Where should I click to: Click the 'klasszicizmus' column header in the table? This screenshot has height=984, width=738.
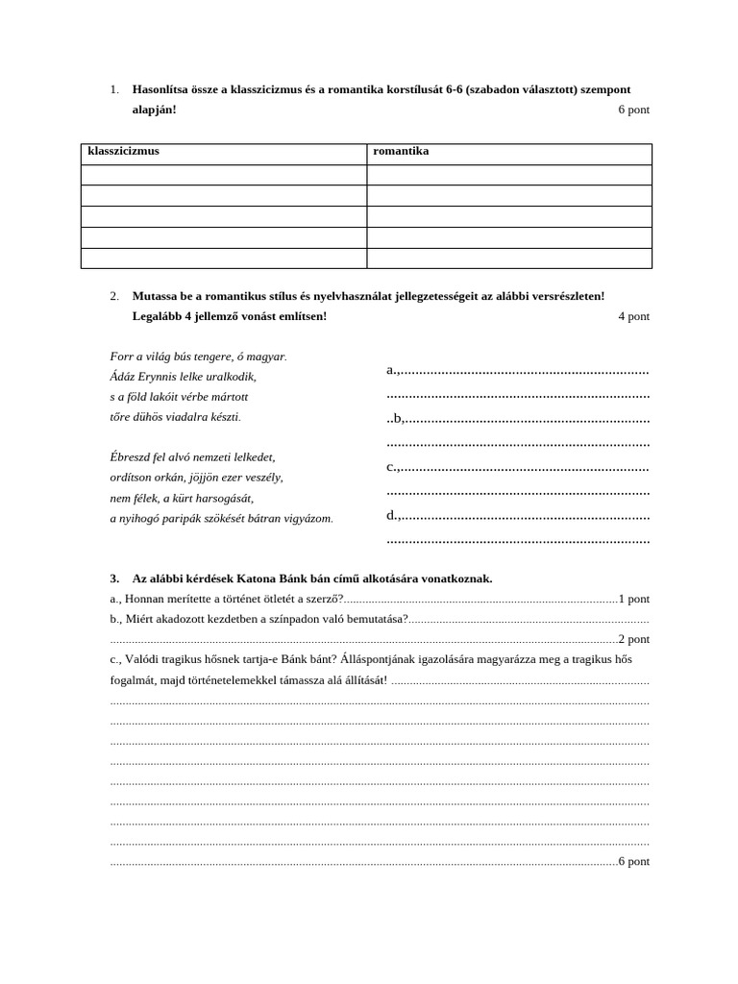coord(124,152)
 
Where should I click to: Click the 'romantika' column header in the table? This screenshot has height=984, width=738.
coord(401,152)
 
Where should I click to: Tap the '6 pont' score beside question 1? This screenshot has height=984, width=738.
coord(633,110)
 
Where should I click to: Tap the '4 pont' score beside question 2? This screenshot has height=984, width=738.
coord(633,316)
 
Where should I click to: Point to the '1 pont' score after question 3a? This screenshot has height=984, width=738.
coord(634,598)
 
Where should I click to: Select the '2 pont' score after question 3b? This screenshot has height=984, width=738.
coord(634,639)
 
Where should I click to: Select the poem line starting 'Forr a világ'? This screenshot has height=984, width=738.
coord(199,357)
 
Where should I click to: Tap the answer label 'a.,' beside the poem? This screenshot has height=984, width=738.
coord(393,370)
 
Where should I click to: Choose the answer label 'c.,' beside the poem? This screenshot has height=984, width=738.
coord(393,467)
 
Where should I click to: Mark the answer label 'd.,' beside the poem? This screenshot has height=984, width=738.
coord(393,516)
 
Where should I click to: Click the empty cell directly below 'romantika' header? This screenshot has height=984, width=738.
coord(508,174)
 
